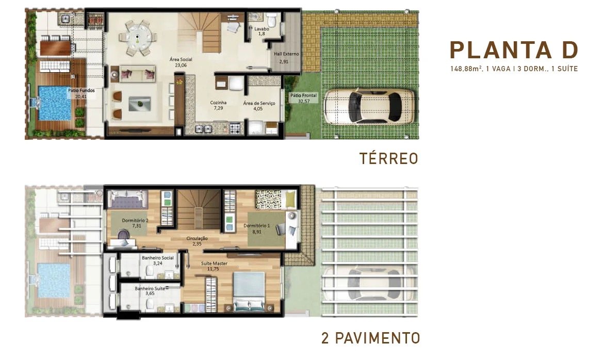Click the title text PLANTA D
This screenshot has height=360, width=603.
click(514, 51)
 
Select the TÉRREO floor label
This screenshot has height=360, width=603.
click(388, 159)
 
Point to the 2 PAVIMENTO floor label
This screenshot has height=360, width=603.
click(370, 338)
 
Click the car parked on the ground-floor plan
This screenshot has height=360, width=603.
click(370, 106)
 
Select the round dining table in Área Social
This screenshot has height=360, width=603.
click(138, 38)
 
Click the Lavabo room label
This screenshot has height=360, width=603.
click(262, 29)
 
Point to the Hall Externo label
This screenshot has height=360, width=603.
click(286, 54)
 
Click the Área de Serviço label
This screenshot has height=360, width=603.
click(259, 103)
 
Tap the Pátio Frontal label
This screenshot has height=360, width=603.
click(303, 95)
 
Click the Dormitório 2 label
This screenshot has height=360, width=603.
click(135, 220)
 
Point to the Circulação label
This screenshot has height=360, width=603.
click(197, 238)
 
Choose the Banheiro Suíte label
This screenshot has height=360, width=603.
click(150, 288)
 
